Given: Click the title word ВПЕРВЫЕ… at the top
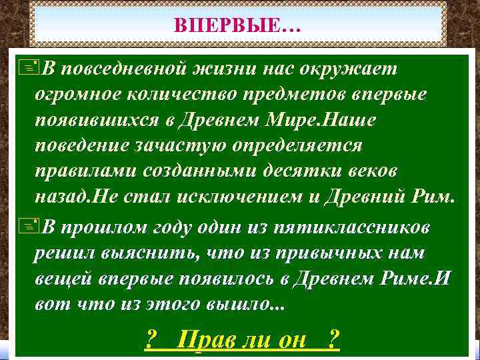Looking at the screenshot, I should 237,26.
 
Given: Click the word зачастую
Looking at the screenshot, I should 179,145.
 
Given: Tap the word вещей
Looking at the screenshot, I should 62,279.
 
